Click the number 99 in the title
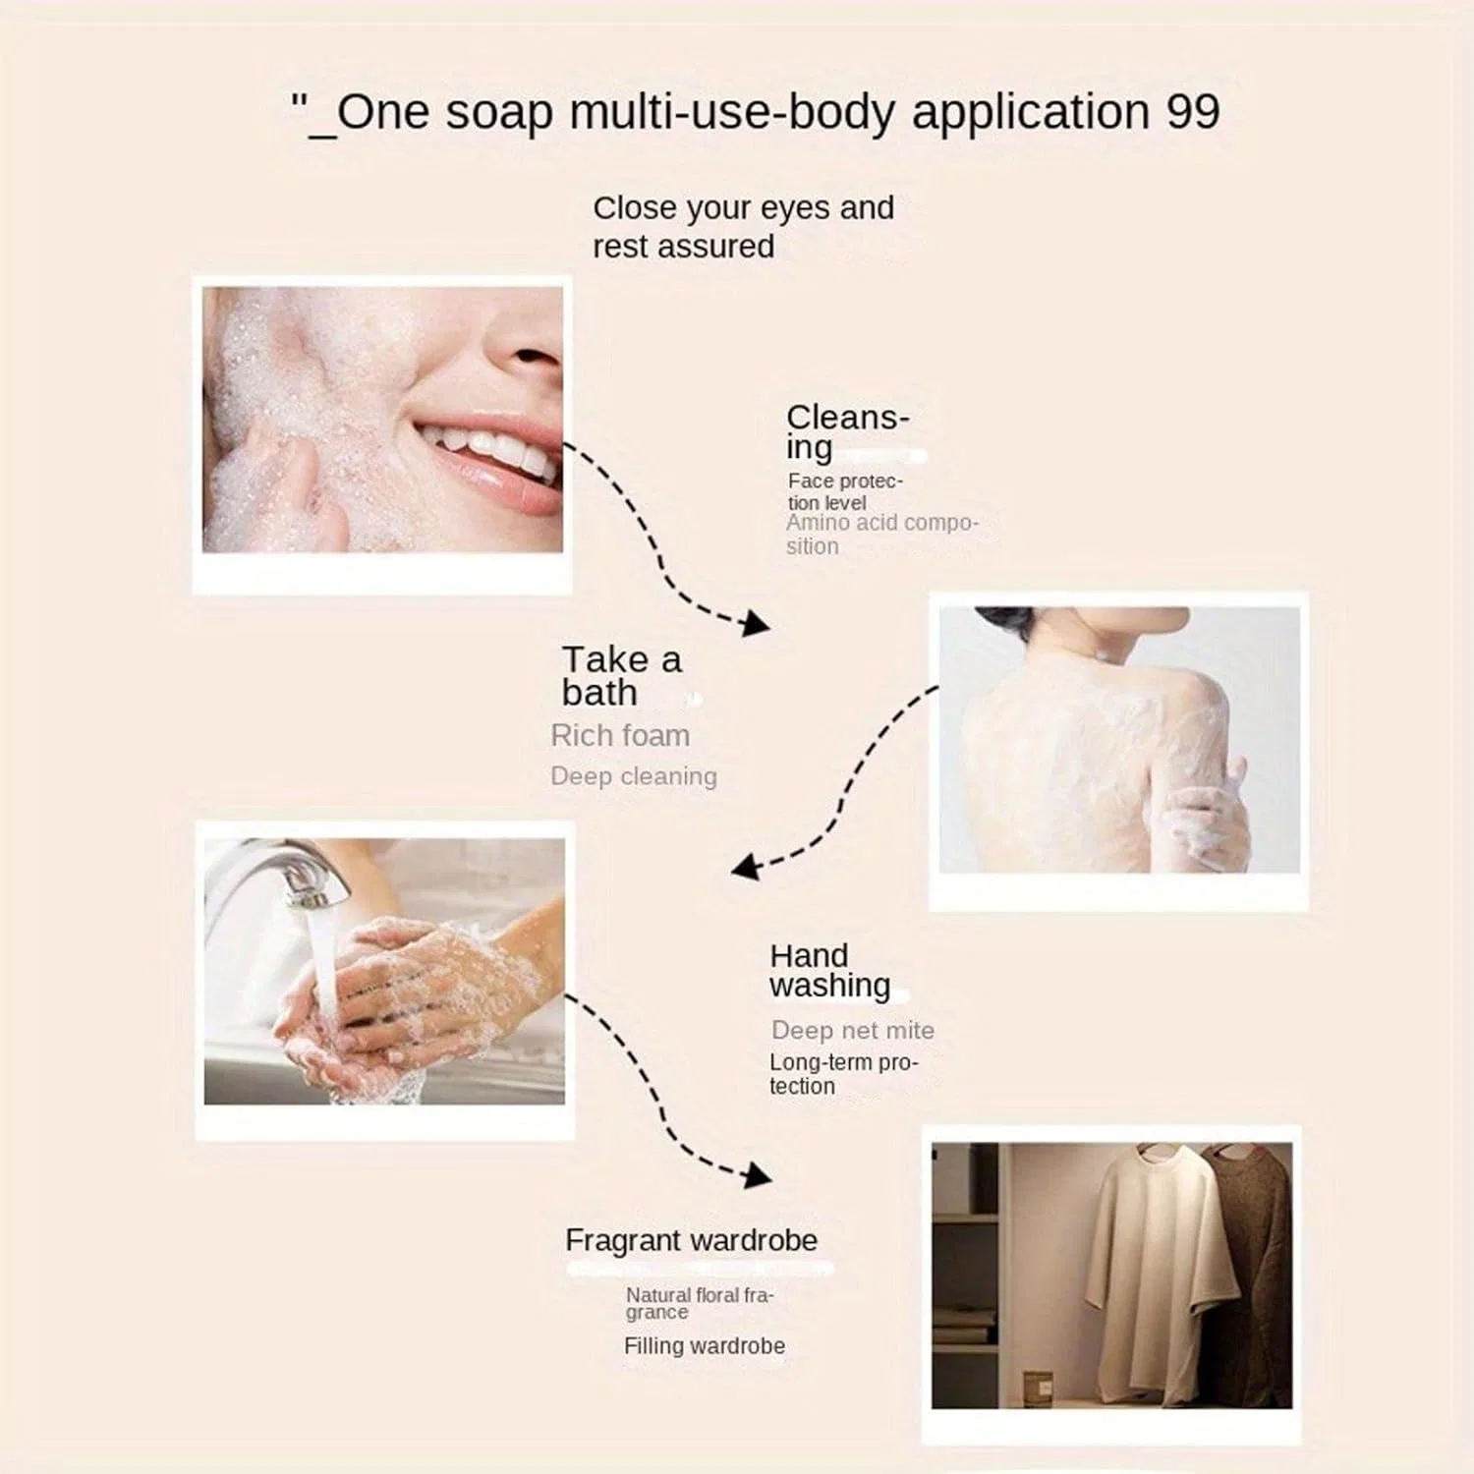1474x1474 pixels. [1193, 112]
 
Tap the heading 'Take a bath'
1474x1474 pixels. [621, 676]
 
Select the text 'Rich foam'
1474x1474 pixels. [620, 735]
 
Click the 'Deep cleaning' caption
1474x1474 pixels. [634, 776]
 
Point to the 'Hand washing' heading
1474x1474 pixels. [830, 971]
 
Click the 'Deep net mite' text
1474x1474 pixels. [853, 1030]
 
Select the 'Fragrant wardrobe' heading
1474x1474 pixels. [691, 1240]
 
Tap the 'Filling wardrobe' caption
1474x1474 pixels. [705, 1346]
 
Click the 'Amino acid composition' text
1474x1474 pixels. [881, 535]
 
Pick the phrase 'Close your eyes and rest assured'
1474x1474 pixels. [743, 227]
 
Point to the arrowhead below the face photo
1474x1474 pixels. [756, 623]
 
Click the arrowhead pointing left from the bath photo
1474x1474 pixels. [745, 866]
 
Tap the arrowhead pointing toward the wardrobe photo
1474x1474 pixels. [758, 1175]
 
